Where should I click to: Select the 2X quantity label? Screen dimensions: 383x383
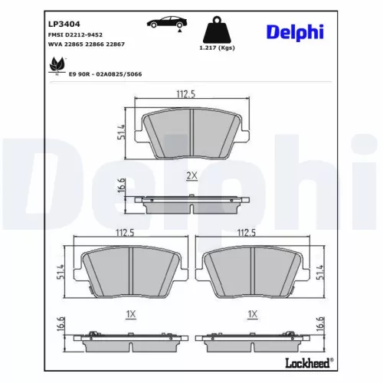pyautogui.click(x=191, y=175)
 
